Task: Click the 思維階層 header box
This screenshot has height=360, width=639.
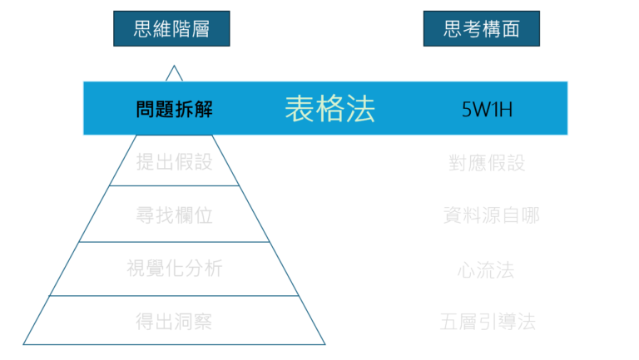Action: (171, 29)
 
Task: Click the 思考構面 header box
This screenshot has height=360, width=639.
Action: (481, 29)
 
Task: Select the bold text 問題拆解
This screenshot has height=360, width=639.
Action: (174, 110)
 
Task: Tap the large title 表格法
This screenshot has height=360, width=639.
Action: (330, 109)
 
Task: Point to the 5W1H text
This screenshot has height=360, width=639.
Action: (483, 110)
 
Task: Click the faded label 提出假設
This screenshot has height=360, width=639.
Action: (174, 161)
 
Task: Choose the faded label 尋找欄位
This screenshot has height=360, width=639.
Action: (174, 215)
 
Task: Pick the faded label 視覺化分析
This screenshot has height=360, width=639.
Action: (174, 269)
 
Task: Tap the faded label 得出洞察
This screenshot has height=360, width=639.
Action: (174, 321)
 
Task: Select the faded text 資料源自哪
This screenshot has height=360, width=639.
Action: (492, 215)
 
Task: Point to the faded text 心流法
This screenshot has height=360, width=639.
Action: (485, 269)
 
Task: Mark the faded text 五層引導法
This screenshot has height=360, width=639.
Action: (488, 322)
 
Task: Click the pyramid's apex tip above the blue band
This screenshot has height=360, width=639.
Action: (174, 67)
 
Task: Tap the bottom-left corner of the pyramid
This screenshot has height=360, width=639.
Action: (24, 343)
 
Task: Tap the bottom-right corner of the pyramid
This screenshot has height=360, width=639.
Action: (324, 343)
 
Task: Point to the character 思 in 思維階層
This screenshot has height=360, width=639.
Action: (143, 29)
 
